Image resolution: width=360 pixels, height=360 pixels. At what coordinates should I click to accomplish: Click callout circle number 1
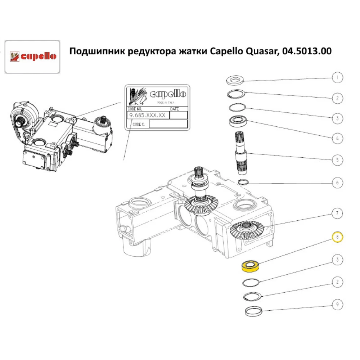(x=337, y=77)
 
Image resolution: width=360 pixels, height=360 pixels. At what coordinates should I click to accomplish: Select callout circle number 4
(x=337, y=138)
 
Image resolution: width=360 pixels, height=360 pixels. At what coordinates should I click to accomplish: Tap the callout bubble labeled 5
(x=337, y=159)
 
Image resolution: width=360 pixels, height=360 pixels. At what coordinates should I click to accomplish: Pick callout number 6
(x=337, y=183)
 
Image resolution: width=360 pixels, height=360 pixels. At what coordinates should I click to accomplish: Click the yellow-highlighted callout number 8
(x=337, y=237)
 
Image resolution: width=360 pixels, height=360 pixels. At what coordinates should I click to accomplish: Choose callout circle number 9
(x=337, y=305)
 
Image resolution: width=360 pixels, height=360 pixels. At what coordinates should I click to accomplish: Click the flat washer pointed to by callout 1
(x=235, y=80)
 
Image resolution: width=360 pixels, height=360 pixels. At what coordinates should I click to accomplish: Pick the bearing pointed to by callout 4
(x=238, y=121)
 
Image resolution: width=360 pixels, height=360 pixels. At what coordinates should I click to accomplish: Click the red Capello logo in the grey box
(x=32, y=57)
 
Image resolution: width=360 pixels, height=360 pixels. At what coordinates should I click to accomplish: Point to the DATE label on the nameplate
(x=174, y=108)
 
